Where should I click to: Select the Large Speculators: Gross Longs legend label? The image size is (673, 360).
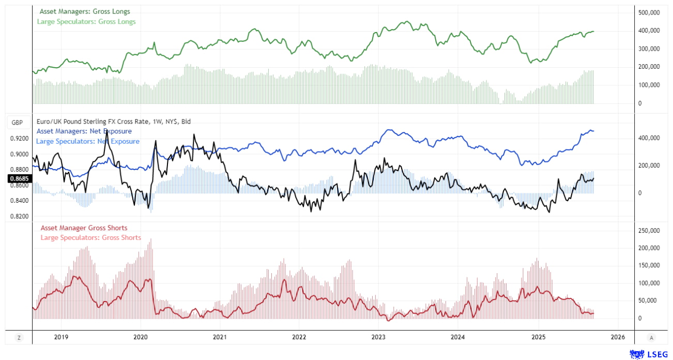pyautogui.click(x=86, y=22)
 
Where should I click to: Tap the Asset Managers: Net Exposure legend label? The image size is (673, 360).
pyautogui.click(x=84, y=131)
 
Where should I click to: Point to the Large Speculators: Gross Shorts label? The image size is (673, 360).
pyautogui.click(x=90, y=238)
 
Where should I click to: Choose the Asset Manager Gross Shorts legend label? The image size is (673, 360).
pyautogui.click(x=84, y=228)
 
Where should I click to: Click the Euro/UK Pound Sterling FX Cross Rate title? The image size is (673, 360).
pyautogui.click(x=114, y=122)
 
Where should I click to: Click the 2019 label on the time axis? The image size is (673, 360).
pyautogui.click(x=61, y=337)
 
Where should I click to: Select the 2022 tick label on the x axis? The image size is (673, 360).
pyautogui.click(x=299, y=337)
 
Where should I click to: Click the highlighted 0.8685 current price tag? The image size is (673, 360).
pyautogui.click(x=19, y=179)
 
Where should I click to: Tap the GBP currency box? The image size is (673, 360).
pyautogui.click(x=17, y=123)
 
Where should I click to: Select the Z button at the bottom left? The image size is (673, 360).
pyautogui.click(x=19, y=338)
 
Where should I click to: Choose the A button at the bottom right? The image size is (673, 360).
pyautogui.click(x=651, y=338)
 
